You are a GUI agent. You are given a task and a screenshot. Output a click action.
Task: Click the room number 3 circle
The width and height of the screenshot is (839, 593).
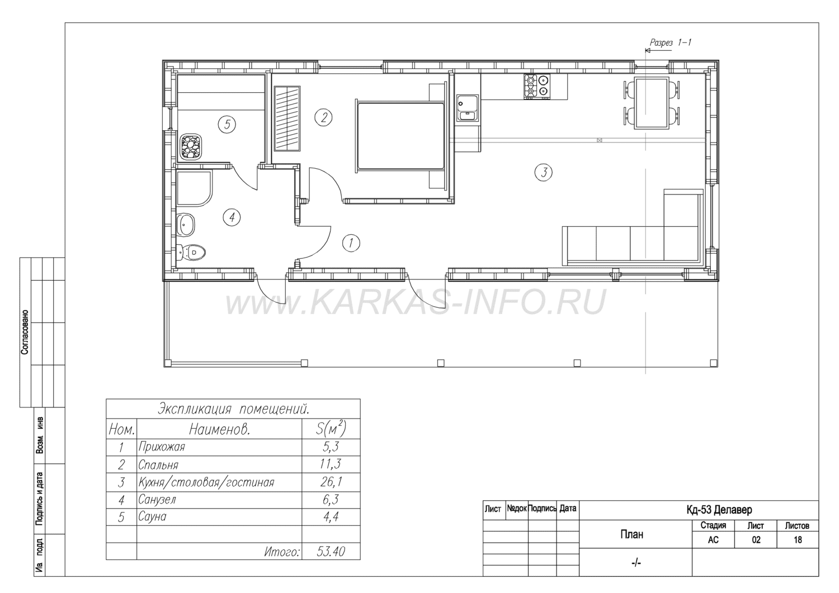pyautogui.click(x=544, y=173)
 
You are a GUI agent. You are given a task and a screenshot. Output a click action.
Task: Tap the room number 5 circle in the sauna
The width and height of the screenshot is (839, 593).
pyautogui.click(x=227, y=124)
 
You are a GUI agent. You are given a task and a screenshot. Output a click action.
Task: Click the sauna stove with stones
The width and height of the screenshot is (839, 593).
pyautogui.click(x=191, y=147)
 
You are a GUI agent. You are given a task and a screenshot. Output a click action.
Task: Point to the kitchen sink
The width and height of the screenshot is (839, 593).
pyautogui.click(x=467, y=108)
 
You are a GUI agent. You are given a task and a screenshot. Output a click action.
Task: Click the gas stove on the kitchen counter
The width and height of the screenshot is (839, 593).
pyautogui.click(x=537, y=87)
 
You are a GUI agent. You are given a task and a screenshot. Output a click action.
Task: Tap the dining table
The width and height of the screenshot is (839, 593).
pyautogui.click(x=652, y=103)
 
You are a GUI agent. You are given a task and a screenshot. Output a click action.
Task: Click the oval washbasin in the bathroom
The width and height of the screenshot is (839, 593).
pyautogui.click(x=185, y=225)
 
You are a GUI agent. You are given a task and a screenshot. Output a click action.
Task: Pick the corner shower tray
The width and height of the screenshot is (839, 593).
pyautogui.click(x=194, y=188)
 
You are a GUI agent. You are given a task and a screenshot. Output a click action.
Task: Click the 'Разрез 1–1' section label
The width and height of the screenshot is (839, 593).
pyautogui.click(x=670, y=42)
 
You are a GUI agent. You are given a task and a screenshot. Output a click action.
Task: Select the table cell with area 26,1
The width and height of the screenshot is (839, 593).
pyautogui.click(x=331, y=482)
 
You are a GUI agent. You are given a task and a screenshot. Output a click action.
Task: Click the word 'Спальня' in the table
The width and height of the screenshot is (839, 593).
pyautogui.click(x=158, y=465)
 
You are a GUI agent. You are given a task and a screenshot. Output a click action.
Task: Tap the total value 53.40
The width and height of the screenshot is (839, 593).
pyautogui.click(x=331, y=552)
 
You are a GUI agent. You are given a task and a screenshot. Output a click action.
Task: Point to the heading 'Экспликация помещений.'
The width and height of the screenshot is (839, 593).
pyautogui.click(x=233, y=409)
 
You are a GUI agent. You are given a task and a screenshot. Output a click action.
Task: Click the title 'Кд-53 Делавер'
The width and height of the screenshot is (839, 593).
pyautogui.click(x=719, y=510)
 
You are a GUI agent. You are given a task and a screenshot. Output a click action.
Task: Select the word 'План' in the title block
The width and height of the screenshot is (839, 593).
pyautogui.click(x=632, y=534)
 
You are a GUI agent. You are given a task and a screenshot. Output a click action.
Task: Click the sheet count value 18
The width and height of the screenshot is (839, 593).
pyautogui.click(x=798, y=539)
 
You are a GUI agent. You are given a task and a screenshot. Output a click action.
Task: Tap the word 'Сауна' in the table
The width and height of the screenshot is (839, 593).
pyautogui.click(x=152, y=516)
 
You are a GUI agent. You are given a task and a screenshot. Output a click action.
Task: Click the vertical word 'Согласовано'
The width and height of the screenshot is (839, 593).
pyautogui.click(x=25, y=332)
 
